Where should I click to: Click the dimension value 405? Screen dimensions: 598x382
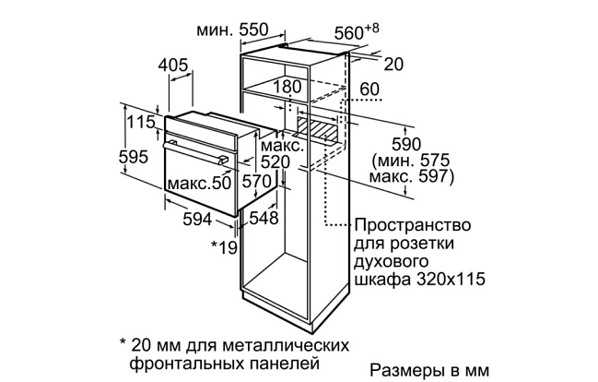pos(173,65)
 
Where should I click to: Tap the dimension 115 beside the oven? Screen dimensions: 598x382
pos(141,122)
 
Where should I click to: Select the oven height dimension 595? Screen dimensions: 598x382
pos(133,157)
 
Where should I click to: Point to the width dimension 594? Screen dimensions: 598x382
pos(197,219)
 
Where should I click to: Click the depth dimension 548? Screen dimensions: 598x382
pos(264,218)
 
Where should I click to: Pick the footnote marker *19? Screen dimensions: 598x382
pos(225,247)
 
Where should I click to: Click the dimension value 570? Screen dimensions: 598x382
pos(256,180)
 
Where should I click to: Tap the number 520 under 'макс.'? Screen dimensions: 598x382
pos(275,162)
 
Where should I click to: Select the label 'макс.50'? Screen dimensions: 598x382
pos(199,183)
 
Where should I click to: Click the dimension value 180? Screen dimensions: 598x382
pos(287,87)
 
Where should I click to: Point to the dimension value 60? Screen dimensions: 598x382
pos(369,89)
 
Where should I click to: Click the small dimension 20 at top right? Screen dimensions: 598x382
pos(393,65)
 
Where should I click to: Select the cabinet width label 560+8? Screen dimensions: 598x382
pos(357,31)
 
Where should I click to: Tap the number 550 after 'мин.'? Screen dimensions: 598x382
pos(253,30)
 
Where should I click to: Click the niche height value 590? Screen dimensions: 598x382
pos(406,144)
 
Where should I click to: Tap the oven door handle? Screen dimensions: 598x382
pos(195,152)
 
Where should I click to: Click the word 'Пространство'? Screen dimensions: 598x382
pos(413,225)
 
